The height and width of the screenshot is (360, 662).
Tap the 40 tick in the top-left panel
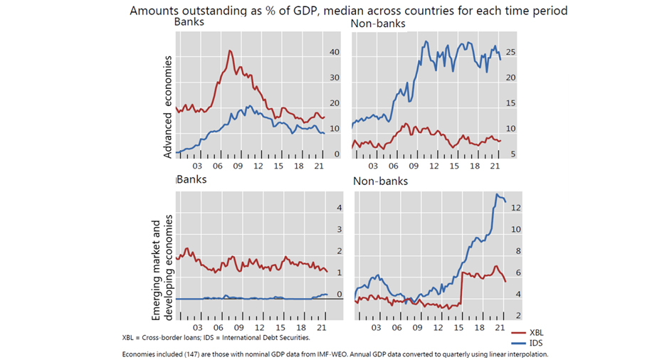click(x=334, y=53)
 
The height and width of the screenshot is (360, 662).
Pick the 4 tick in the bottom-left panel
click(x=340, y=208)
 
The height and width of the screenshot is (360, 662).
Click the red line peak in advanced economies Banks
click(x=230, y=51)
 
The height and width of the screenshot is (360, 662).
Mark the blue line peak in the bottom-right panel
click(x=497, y=196)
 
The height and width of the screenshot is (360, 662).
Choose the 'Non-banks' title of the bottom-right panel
click(x=380, y=182)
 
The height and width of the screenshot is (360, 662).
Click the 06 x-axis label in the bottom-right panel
click(x=397, y=329)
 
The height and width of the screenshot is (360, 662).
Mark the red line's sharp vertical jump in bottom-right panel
click(x=463, y=288)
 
